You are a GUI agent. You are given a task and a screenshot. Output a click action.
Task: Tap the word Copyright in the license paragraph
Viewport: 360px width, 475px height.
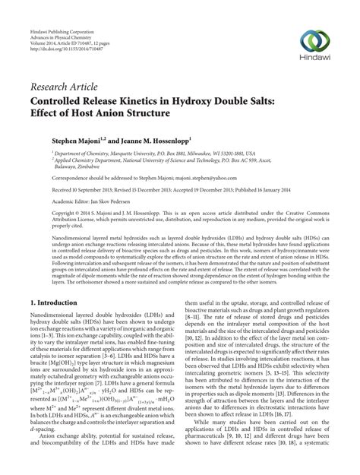(44, 214)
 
